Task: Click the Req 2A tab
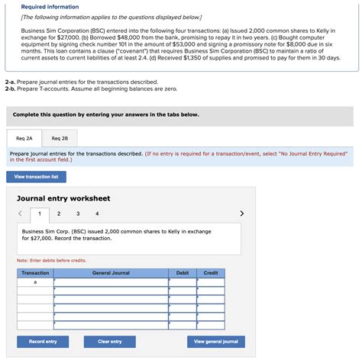click(24, 138)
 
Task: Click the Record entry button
click(43, 341)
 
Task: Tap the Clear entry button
click(110, 341)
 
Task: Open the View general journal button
click(216, 341)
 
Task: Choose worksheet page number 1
click(40, 214)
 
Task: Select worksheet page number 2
click(59, 214)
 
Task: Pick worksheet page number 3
click(78, 214)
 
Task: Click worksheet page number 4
click(97, 214)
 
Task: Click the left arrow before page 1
click(21, 214)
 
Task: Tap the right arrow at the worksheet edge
click(243, 214)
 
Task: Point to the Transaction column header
click(35, 272)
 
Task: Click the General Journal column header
click(111, 272)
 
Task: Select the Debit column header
click(183, 272)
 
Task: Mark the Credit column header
click(211, 272)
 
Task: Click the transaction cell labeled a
click(35, 282)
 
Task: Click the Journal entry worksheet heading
click(63, 198)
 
